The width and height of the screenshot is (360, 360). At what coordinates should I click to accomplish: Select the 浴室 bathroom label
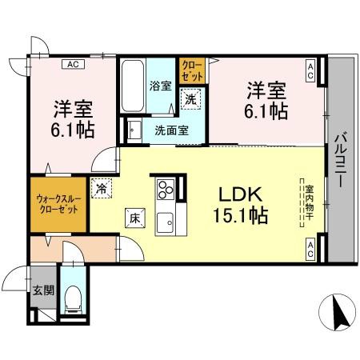point(160,86)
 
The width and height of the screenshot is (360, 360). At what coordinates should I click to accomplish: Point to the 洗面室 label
point(171,130)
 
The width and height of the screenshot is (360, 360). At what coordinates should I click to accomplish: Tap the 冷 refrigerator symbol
point(102,188)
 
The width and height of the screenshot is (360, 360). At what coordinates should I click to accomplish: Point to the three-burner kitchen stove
point(166,190)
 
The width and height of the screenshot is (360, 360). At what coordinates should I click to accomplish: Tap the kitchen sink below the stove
point(166,221)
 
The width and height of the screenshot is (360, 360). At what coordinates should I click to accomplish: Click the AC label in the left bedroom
point(72,64)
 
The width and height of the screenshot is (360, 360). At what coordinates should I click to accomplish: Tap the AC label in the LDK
point(309,249)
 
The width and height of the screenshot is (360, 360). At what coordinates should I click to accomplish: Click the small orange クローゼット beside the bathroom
point(191,71)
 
